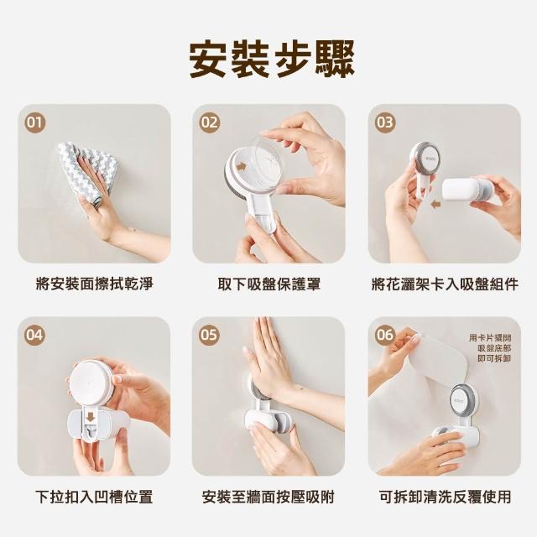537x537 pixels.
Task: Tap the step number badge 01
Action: tap(35, 123)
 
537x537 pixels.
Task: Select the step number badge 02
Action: tap(209, 123)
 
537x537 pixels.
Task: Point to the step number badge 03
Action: tap(385, 123)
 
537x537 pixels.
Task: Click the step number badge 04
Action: tap(35, 335)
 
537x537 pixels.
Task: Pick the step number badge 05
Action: tap(209, 335)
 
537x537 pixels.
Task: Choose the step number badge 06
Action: tap(385, 335)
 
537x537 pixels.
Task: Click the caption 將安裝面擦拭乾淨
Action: tap(95, 284)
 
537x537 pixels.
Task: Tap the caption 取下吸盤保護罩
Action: tap(269, 284)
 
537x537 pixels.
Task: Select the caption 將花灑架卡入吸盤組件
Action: tap(445, 284)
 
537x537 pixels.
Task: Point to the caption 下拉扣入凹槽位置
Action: tap(94, 497)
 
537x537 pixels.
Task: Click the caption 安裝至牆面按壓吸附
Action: tap(268, 497)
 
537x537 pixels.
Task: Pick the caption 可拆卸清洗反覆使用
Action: tap(445, 497)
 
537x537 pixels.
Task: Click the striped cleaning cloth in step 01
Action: tap(88, 171)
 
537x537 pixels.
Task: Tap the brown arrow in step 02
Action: tap(242, 167)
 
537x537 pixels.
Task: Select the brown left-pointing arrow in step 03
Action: tap(435, 205)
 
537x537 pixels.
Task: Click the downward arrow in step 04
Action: tap(91, 418)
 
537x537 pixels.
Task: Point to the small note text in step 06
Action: tap(490, 348)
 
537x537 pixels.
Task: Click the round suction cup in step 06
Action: tap(462, 401)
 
